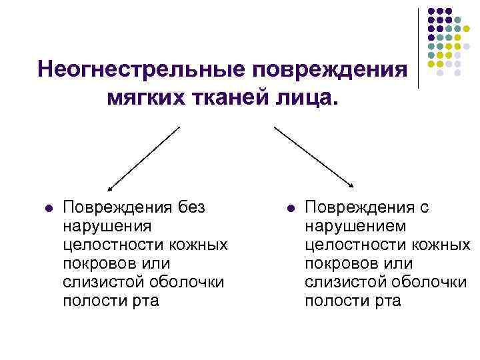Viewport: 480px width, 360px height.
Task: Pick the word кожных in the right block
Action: pos(441,245)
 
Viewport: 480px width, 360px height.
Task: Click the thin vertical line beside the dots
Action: pos(418,47)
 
